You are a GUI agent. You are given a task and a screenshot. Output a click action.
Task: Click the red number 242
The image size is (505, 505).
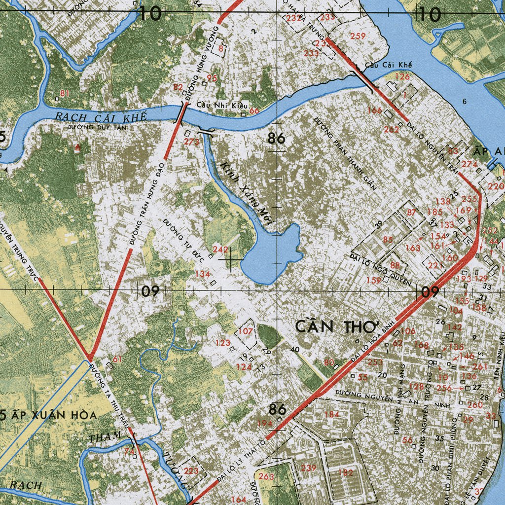pos(220,250)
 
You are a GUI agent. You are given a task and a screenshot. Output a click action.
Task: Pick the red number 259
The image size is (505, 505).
pos(358,36)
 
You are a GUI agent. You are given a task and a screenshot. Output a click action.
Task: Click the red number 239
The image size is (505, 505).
pos(309,468)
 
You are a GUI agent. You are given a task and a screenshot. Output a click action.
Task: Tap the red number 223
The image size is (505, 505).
pos(191,470)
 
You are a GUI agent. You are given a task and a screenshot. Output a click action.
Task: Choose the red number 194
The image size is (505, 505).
pos(265,424)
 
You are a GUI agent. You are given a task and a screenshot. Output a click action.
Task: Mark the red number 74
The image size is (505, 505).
pos(129,451)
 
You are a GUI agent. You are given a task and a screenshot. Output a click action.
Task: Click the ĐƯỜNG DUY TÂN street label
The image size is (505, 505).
pos(97,127)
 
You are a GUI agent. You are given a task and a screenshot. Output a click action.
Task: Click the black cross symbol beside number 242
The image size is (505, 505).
pos(231,258)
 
